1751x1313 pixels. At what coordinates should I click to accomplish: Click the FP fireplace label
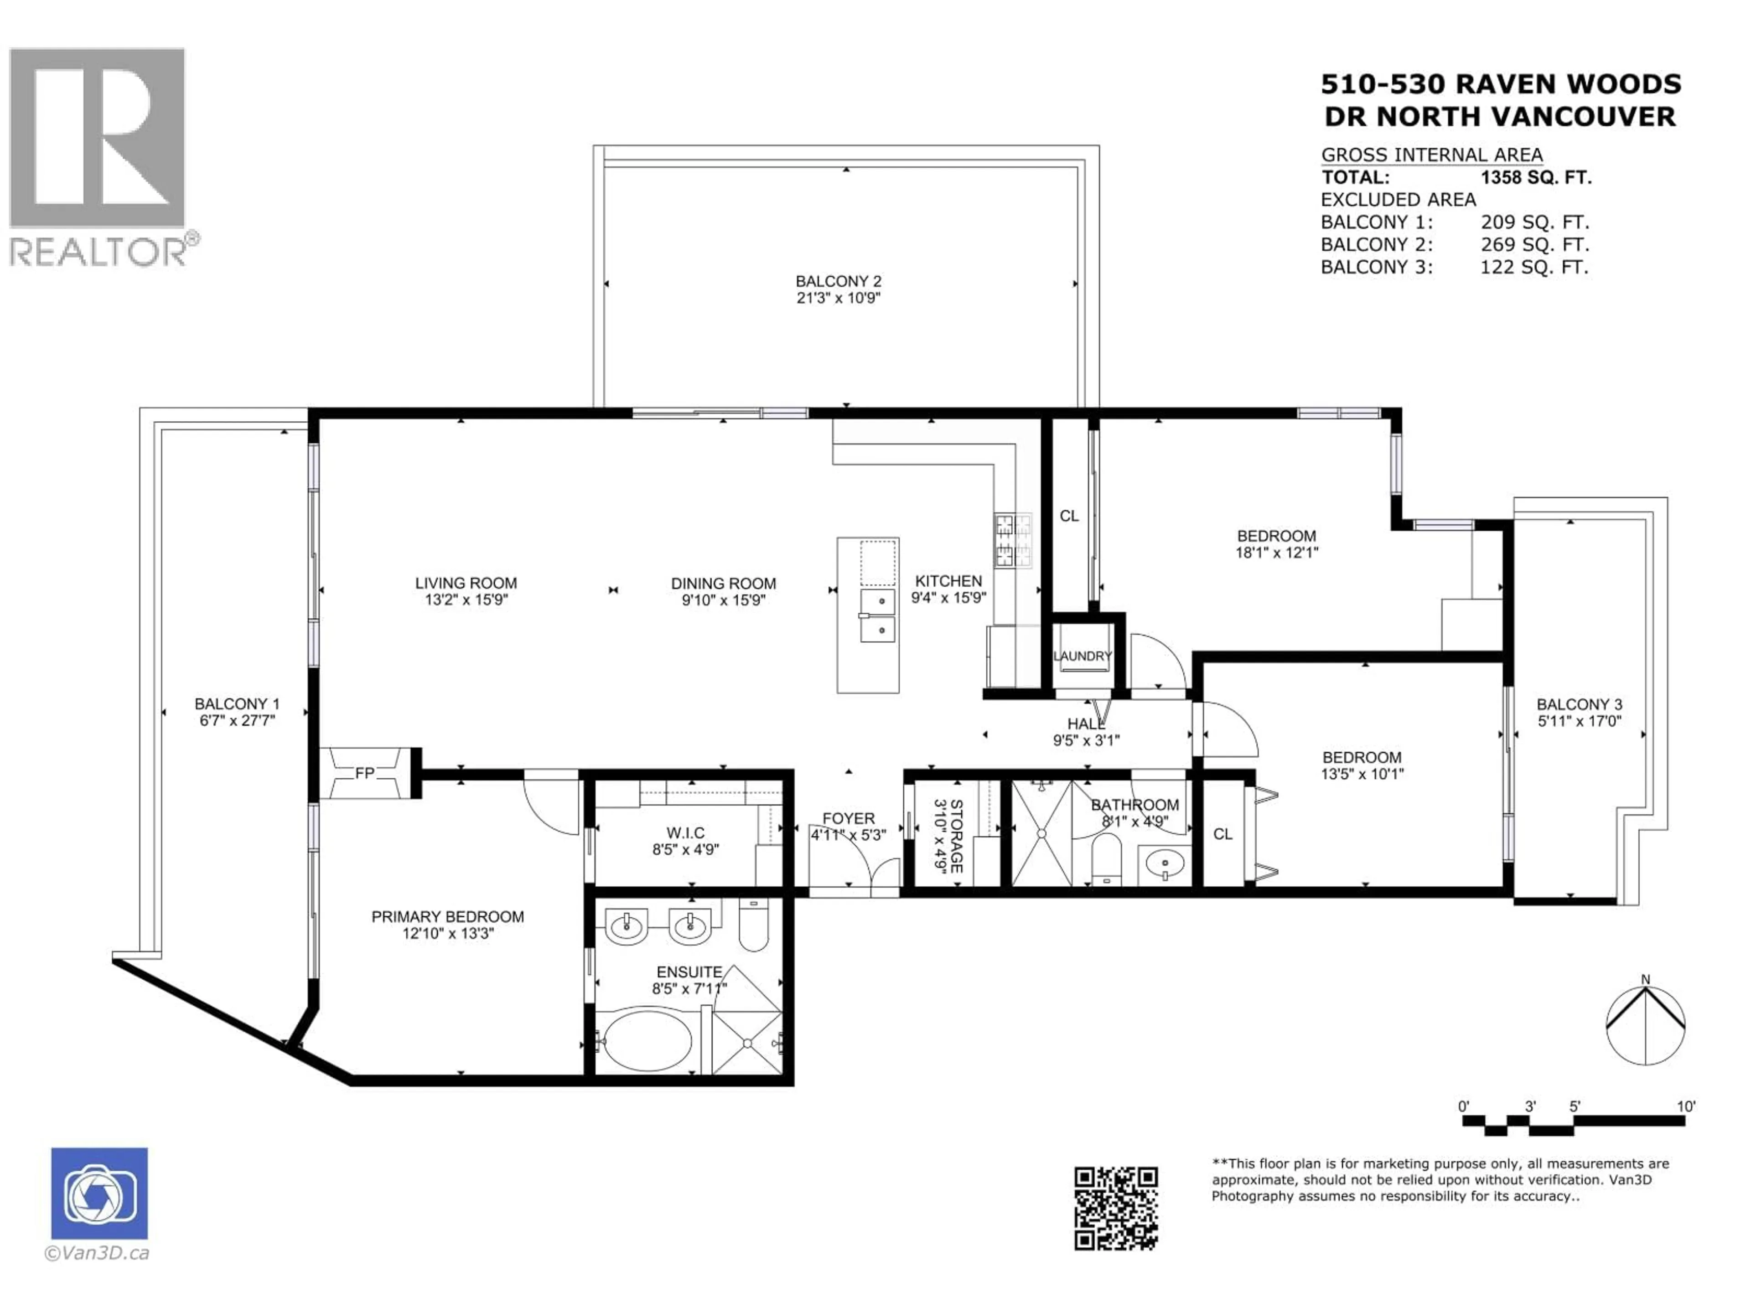pyautogui.click(x=364, y=773)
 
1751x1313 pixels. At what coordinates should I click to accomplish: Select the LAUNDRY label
pyautogui.click(x=1082, y=656)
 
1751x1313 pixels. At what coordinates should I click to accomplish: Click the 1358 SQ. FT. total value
pyautogui.click(x=1535, y=177)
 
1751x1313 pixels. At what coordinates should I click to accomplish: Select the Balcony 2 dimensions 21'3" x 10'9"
pyautogui.click(x=838, y=298)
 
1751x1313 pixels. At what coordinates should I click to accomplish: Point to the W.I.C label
pyautogui.click(x=685, y=832)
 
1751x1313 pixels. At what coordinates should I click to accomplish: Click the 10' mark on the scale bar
pyautogui.click(x=1686, y=1106)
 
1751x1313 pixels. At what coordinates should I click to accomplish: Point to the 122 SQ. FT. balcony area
pyautogui.click(x=1533, y=268)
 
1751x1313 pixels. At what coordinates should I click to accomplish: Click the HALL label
pyautogui.click(x=1085, y=724)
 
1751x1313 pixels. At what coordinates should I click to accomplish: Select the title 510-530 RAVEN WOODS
pyautogui.click(x=1501, y=84)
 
